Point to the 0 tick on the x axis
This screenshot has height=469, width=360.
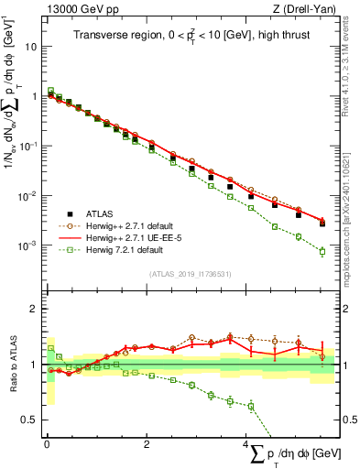[x=47, y=443]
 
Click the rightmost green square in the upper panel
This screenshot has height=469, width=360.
[x=322, y=251]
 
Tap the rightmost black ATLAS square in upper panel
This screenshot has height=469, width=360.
[x=322, y=223]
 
